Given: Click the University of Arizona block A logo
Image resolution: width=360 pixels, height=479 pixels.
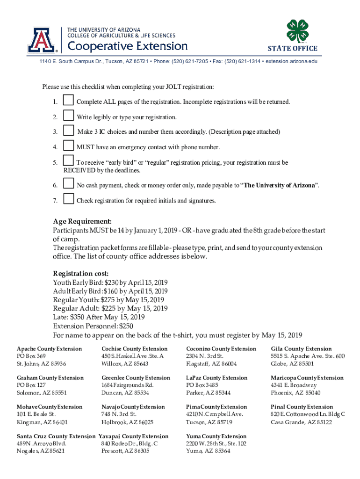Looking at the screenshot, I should (x=42, y=40).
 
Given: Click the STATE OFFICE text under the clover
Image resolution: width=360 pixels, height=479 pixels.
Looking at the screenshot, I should (x=292, y=48).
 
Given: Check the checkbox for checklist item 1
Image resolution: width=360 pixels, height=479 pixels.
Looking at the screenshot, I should (x=68, y=101).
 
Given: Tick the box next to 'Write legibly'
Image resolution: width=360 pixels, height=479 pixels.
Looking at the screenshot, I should (x=68, y=116).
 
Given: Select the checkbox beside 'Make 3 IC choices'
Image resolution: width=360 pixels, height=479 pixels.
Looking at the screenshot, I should (x=68, y=131).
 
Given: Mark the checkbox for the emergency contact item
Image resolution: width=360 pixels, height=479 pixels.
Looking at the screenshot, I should (x=68, y=146).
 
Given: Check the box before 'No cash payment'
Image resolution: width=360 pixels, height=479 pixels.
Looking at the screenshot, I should (x=68, y=184).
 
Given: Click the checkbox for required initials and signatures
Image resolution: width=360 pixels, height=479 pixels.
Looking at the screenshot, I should (x=68, y=200).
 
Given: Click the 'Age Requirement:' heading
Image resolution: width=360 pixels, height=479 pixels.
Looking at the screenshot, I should (x=82, y=221).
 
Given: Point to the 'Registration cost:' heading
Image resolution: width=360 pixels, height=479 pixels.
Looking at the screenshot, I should (x=81, y=273).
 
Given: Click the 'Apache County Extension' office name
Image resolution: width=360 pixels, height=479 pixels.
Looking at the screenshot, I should (x=49, y=349).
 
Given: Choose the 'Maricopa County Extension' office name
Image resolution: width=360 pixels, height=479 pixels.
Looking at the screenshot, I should (x=307, y=378).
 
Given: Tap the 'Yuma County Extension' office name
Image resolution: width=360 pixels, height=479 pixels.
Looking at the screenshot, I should (x=216, y=436).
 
